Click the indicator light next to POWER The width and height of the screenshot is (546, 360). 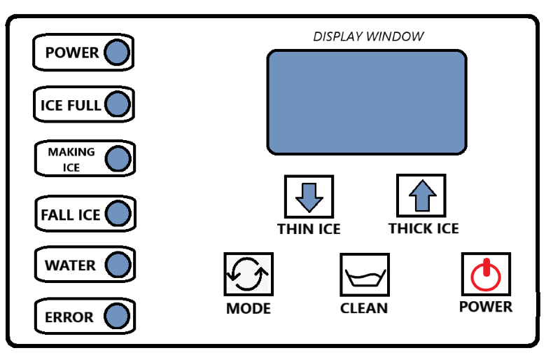(x=116, y=53)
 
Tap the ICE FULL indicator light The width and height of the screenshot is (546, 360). (x=117, y=105)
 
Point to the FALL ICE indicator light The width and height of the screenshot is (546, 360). (x=117, y=213)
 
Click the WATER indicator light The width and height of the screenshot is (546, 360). (x=118, y=265)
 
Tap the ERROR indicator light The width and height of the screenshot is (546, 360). (x=118, y=317)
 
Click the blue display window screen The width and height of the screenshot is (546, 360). (x=366, y=102)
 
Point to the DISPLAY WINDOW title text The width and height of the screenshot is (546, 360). (x=367, y=36)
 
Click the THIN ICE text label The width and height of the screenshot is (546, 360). (x=309, y=229)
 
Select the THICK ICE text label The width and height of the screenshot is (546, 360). (x=423, y=229)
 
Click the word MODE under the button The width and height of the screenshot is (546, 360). (x=248, y=308)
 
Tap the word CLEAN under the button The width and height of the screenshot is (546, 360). (x=364, y=308)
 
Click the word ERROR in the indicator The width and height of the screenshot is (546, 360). (x=69, y=317)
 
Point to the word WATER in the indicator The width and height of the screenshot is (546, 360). (x=70, y=265)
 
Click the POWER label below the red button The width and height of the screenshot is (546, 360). (x=486, y=307)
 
